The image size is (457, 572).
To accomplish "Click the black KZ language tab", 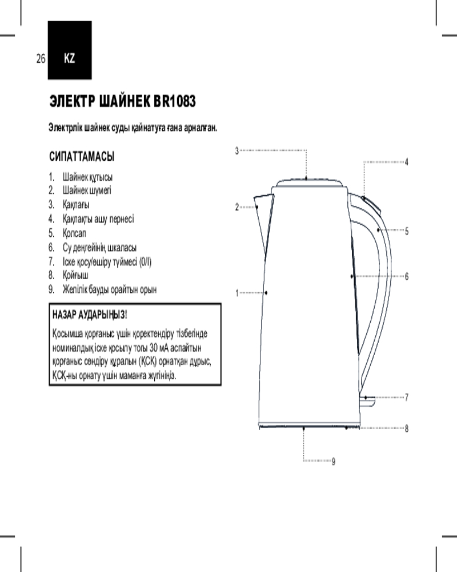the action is (70, 50).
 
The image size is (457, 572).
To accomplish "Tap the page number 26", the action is (41, 58).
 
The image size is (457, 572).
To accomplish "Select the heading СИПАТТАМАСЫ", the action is (82, 157).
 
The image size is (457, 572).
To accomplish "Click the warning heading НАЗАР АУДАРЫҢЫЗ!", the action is (90, 315).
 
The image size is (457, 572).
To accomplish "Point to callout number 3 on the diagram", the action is (237, 150).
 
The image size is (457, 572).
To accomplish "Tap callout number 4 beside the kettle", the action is (407, 162).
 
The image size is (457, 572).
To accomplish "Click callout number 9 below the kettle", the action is (334, 462).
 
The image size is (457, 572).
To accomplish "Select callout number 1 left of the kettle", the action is (237, 293).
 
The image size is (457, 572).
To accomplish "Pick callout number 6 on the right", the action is (407, 276).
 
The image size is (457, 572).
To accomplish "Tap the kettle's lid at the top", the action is (309, 183).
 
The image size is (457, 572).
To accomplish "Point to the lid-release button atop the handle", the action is (370, 205).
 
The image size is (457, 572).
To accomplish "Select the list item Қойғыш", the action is (69, 276).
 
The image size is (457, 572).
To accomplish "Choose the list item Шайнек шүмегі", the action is (80, 190).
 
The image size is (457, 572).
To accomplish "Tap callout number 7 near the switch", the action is (407, 398).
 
